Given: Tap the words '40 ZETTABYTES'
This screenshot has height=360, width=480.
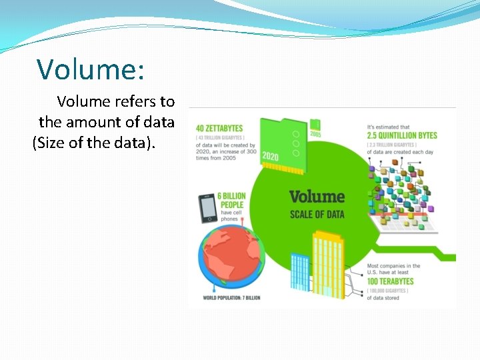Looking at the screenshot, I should [219, 128].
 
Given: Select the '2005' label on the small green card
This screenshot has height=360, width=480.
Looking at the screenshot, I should [315, 134].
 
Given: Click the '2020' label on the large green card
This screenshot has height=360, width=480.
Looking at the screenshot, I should [270, 156].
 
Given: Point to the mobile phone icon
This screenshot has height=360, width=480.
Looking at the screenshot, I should [208, 207].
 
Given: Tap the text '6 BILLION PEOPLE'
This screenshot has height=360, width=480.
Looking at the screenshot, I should [231, 200].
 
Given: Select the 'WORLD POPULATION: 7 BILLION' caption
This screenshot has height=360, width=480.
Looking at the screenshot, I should [231, 298].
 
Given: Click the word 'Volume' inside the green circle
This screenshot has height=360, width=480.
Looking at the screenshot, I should [317, 197].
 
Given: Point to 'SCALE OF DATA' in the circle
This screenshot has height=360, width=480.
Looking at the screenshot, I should [317, 214].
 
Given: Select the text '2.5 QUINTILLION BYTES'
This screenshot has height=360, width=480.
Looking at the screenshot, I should [402, 135].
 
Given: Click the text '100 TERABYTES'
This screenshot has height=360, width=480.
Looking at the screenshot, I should [390, 282].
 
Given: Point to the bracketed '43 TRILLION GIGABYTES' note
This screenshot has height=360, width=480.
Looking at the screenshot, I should [220, 138].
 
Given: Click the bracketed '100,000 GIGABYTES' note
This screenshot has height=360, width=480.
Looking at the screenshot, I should [391, 291].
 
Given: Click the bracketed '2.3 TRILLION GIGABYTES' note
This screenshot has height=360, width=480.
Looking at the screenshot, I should [392, 145].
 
